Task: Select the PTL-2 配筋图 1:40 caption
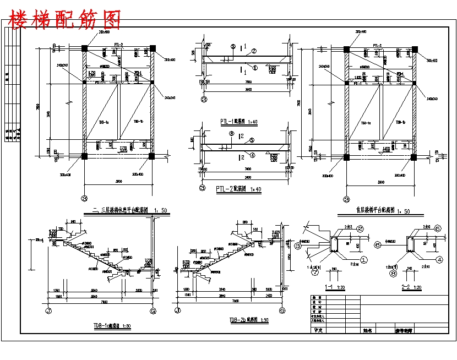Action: pos(238,189)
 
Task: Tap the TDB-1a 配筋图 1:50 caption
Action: pos(112,326)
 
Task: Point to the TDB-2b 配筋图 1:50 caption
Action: pos(249,320)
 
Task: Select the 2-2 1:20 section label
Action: pos(410,287)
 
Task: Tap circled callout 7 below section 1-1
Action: pos(314,271)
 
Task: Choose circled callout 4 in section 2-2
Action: pos(439,259)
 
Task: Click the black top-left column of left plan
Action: pos(84,48)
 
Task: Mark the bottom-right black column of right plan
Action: pos(414,157)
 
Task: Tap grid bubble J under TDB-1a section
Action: pos(48,310)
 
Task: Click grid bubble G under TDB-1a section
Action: pos(153,310)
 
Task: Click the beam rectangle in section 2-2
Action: pos(409,243)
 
